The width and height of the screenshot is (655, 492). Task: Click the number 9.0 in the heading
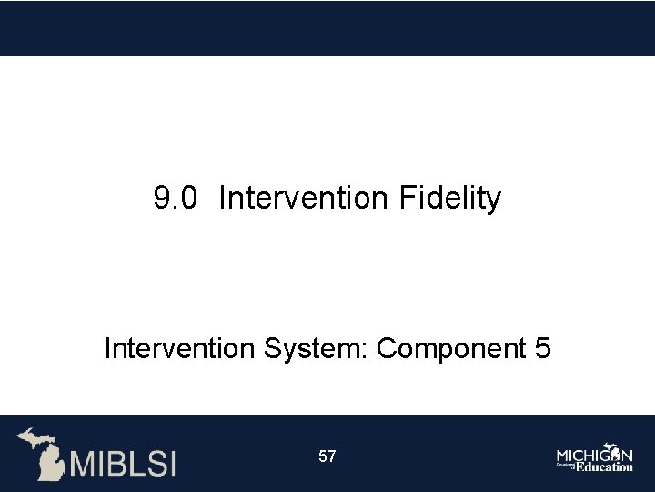(x=175, y=198)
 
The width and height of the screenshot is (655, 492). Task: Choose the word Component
(x=445, y=348)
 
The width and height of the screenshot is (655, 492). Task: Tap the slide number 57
(x=327, y=456)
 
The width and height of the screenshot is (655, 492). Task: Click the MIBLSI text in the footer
(x=123, y=463)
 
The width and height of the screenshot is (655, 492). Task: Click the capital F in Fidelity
(x=407, y=198)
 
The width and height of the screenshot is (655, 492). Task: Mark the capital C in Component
(x=387, y=348)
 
